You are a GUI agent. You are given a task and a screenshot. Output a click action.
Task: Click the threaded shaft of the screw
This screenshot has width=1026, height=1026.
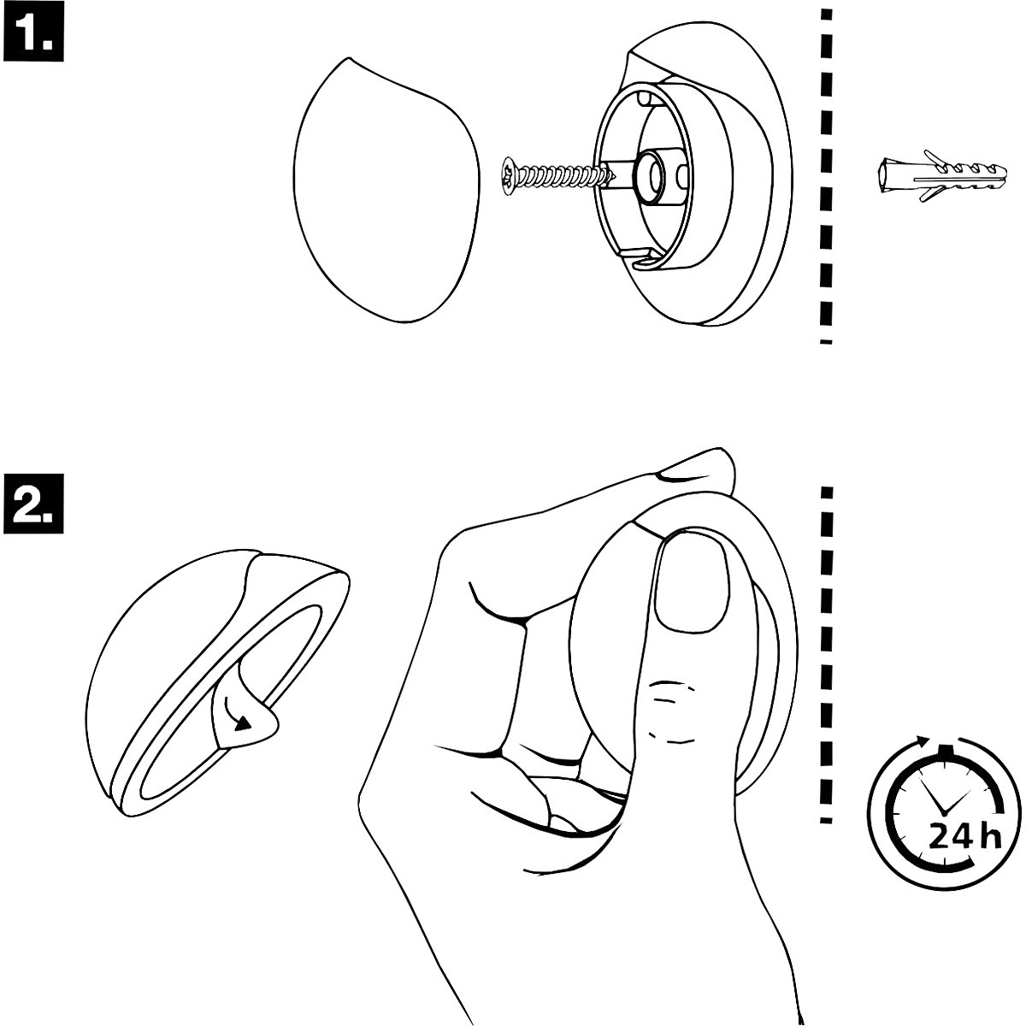coord(564,177)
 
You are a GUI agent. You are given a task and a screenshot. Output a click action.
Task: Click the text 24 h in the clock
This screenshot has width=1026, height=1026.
coord(964,835)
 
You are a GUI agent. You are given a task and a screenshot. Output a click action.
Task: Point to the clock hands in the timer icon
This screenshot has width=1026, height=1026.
coord(944,802)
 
